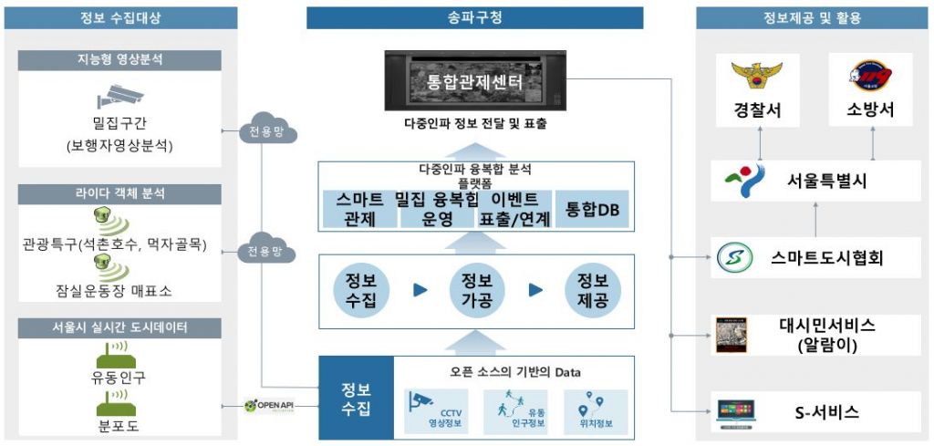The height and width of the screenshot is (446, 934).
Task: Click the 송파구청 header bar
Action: click(x=475, y=17)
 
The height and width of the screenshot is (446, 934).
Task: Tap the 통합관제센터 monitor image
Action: click(x=475, y=82)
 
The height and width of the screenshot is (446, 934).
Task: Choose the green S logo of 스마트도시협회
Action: click(x=732, y=258)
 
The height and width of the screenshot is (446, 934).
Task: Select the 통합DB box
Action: click(x=593, y=210)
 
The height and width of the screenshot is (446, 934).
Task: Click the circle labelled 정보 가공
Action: click(x=473, y=290)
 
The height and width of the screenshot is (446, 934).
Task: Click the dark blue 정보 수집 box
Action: click(x=356, y=399)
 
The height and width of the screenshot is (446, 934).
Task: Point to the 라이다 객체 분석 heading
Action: click(x=119, y=193)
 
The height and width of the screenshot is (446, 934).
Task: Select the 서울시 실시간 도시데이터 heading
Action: click(x=119, y=327)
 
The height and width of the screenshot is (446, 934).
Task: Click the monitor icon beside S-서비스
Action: click(x=735, y=410)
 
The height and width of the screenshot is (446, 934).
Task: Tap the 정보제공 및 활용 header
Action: click(x=812, y=17)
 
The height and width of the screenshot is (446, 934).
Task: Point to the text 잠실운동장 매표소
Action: click(x=119, y=291)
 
